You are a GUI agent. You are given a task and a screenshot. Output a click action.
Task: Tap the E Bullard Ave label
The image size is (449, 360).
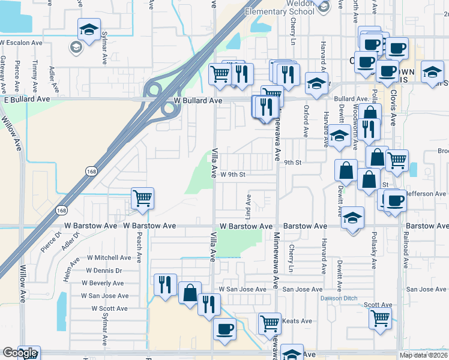click(x=27, y=98)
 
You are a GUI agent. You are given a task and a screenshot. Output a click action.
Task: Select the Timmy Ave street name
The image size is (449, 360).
click(x=36, y=73)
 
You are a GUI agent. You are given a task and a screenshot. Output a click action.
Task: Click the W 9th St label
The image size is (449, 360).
click(x=234, y=175)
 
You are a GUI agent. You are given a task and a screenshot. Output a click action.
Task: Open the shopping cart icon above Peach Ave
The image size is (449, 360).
click(x=143, y=198)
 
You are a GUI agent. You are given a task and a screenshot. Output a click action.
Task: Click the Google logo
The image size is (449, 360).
click(x=20, y=353)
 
